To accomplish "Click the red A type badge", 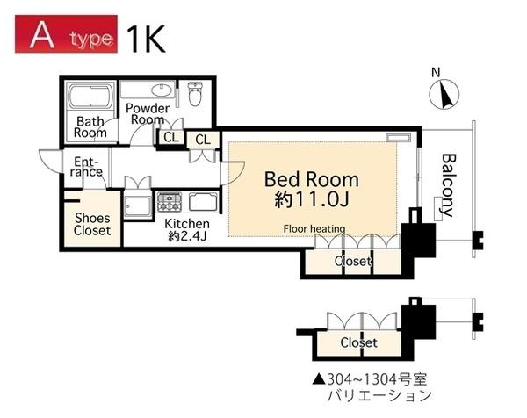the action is click(x=66, y=34).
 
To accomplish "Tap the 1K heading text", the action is click(x=146, y=39).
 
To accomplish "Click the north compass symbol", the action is click(x=444, y=94).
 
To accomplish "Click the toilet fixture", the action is click(x=194, y=94).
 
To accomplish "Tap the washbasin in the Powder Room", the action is click(x=162, y=90).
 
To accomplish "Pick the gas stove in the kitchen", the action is click(x=169, y=202).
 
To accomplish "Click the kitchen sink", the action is click(x=203, y=202).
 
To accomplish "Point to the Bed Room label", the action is click(x=312, y=180).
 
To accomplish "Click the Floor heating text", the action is click(x=314, y=229).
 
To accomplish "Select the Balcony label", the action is click(x=448, y=185).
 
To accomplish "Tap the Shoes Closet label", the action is click(x=92, y=224).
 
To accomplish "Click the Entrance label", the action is click(x=86, y=167).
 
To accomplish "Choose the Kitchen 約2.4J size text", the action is click(x=187, y=230).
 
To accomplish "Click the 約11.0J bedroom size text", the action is click(x=312, y=199).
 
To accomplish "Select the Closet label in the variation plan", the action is click(x=358, y=342).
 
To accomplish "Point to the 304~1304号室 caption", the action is click(x=370, y=379).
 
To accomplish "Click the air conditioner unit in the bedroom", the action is click(x=398, y=137).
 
